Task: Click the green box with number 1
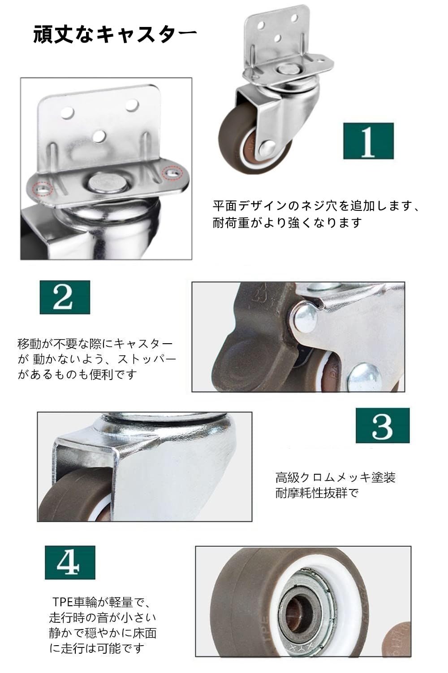(x=368, y=140)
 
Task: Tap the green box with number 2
(x=65, y=297)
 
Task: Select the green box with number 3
(x=383, y=425)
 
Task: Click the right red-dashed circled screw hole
(x=172, y=173)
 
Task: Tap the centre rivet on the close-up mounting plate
(x=107, y=183)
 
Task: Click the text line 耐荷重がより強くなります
(x=288, y=223)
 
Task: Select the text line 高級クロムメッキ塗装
(x=336, y=477)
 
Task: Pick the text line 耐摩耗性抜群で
(x=317, y=493)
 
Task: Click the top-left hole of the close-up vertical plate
(x=67, y=113)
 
